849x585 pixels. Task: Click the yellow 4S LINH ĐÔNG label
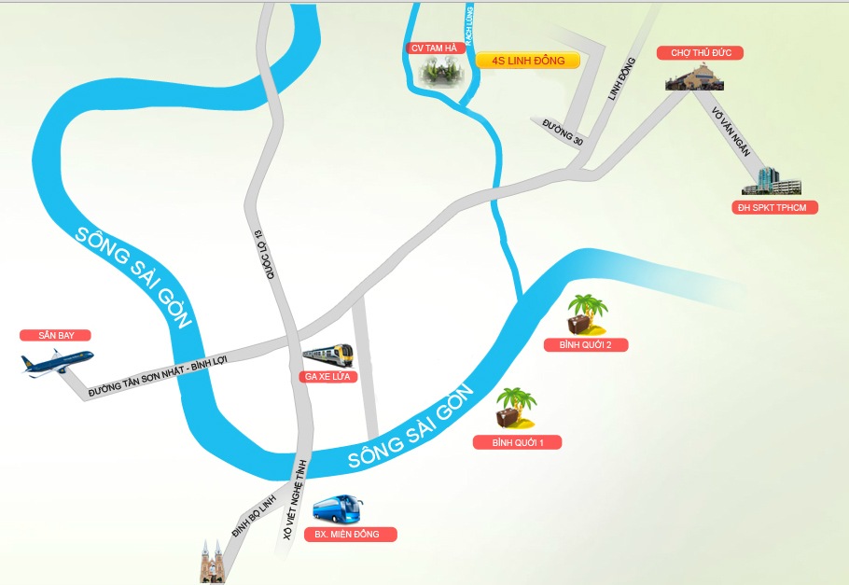pos(527,61)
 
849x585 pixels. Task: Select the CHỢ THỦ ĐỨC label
pos(700,53)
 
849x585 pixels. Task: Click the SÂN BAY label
pos(56,335)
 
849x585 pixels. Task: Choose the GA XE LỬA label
pos(326,376)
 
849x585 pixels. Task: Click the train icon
pos(327,355)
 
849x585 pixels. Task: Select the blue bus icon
pos(338,509)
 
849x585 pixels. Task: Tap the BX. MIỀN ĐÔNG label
pos(350,535)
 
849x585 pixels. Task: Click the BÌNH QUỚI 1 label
pos(517,442)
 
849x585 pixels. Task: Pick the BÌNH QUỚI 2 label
pos(585,344)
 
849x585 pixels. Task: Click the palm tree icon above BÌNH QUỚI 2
pos(588,314)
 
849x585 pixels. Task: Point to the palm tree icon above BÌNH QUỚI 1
pos(516,409)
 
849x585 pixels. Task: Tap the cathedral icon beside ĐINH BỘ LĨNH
pos(213,562)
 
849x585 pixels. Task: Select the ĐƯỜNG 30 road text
pos(563,132)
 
